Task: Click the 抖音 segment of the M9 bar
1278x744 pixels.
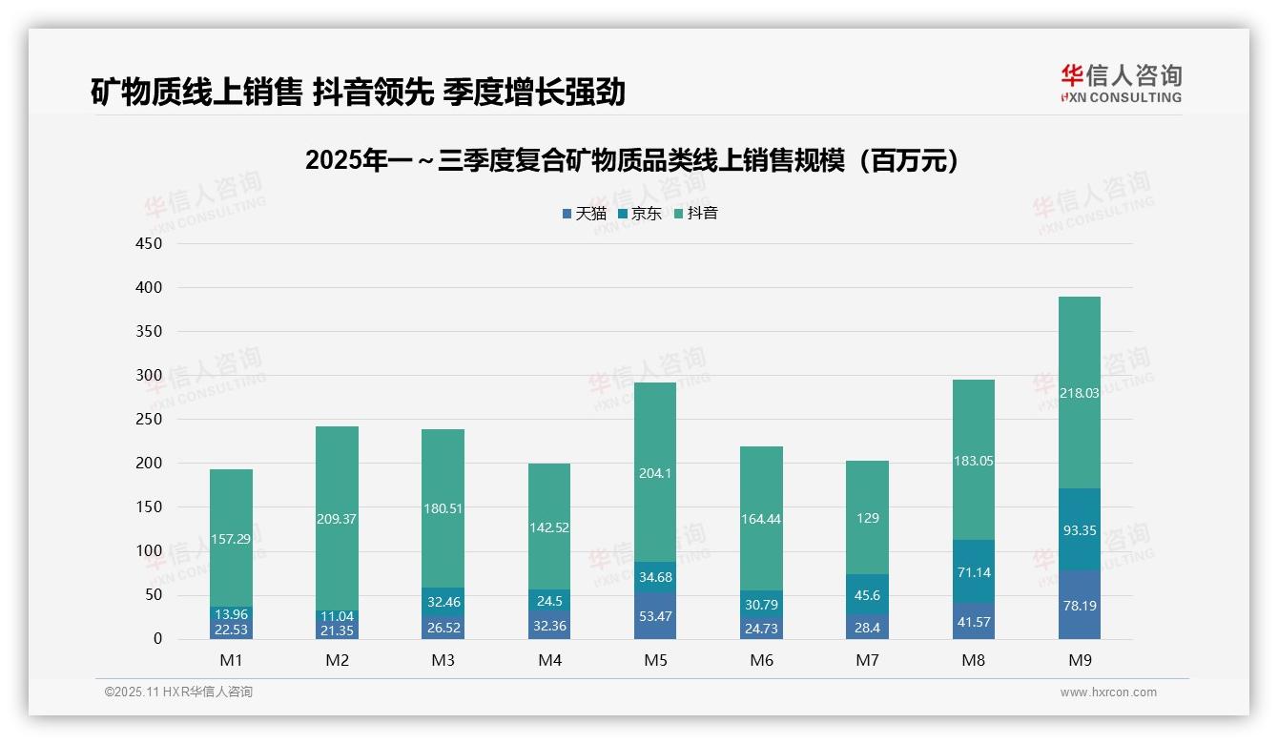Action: tap(1079, 392)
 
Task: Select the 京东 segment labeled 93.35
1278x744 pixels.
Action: tap(1079, 530)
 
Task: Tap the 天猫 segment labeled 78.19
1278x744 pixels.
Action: tap(1079, 605)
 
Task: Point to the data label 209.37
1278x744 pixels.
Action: tap(338, 519)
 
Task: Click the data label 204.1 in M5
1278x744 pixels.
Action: tap(655, 473)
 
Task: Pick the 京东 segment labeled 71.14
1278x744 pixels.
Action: tap(973, 572)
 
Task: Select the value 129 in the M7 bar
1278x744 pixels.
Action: tap(867, 518)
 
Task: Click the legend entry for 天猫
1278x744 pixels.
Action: tap(584, 214)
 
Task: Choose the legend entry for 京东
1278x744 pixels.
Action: tap(640, 214)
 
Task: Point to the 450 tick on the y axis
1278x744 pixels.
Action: tap(150, 243)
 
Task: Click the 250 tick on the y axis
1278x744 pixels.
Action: tap(150, 420)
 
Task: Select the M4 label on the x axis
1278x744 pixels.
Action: tap(549, 660)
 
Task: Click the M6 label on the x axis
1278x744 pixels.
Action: tap(761, 660)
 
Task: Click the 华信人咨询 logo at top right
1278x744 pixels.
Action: tap(1121, 83)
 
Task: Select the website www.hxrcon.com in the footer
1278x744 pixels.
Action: tap(1107, 692)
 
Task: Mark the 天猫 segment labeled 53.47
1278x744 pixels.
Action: tap(655, 616)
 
